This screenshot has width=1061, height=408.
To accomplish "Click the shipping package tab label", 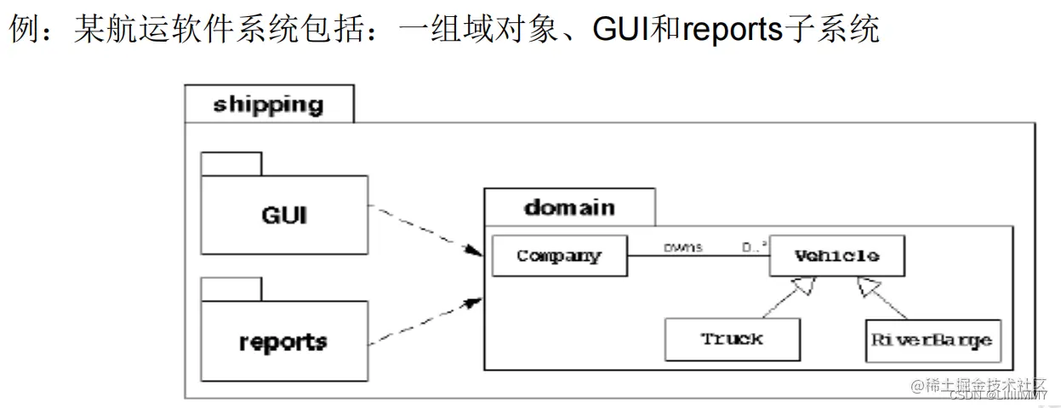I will coord(268,105).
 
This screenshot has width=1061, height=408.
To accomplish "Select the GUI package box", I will coord(284,215).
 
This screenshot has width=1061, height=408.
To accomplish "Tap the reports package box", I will coord(284,341).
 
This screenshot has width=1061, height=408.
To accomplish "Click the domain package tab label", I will coord(568,207).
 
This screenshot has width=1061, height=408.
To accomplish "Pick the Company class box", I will coord(559,256).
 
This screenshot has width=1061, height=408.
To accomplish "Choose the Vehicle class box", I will coord(836,256).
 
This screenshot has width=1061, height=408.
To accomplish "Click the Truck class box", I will coord(732,339).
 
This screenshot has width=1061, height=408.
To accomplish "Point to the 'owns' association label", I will coord(682,247).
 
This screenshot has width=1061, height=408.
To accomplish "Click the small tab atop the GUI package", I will coord(231,163).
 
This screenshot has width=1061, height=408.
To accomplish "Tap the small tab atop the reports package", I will coord(231,289).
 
